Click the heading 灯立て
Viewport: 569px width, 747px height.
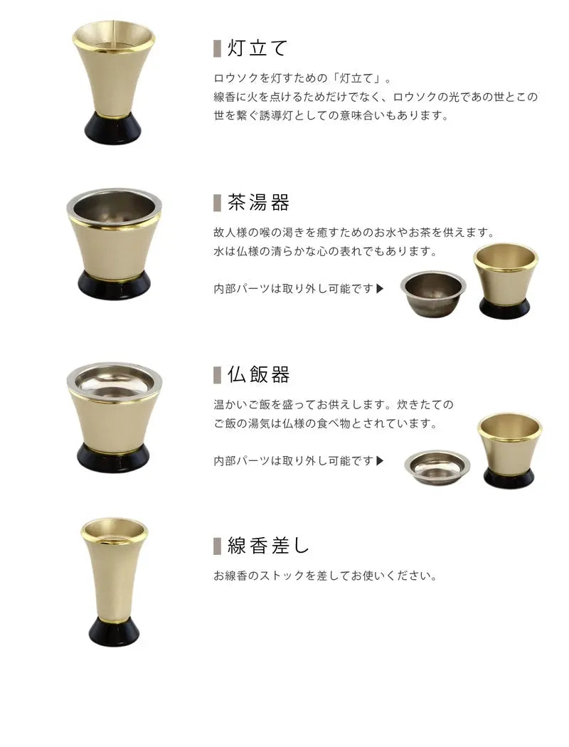pyautogui.click(x=257, y=48)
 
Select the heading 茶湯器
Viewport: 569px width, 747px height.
pyautogui.click(x=258, y=203)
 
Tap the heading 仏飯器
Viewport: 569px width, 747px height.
pyautogui.click(x=258, y=375)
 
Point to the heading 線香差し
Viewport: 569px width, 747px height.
pyautogui.click(x=269, y=546)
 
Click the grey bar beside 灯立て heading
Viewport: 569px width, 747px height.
pyautogui.click(x=217, y=48)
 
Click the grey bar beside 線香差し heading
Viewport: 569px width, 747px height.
pyautogui.click(x=217, y=546)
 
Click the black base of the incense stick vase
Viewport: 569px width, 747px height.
pyautogui.click(x=115, y=632)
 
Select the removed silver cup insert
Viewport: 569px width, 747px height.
pyautogui.click(x=433, y=293)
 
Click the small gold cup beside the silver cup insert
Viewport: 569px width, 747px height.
pyautogui.click(x=506, y=280)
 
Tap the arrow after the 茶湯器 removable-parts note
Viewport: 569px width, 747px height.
pyautogui.click(x=380, y=289)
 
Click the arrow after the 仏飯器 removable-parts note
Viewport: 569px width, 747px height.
pyautogui.click(x=380, y=461)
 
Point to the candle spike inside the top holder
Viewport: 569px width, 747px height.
pyautogui.click(x=113, y=34)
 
